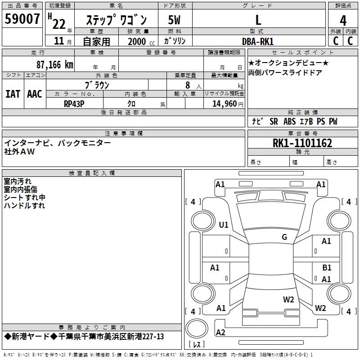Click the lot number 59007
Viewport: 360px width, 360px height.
click(x=22, y=19)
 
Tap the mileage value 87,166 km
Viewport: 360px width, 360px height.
click(x=55, y=65)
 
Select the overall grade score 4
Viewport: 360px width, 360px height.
click(x=343, y=21)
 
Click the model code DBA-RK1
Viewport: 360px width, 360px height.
click(x=258, y=41)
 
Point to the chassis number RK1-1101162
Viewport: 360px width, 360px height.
click(x=302, y=143)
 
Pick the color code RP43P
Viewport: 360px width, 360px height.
click(x=74, y=104)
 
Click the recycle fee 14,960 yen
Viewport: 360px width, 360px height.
click(x=228, y=104)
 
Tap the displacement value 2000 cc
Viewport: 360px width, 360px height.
click(x=141, y=41)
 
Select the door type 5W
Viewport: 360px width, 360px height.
click(x=174, y=20)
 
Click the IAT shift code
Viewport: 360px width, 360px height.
click(x=13, y=94)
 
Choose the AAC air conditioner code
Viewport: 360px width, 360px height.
click(x=35, y=94)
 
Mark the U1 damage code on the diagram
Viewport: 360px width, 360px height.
click(x=224, y=225)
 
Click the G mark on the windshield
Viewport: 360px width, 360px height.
click(x=284, y=237)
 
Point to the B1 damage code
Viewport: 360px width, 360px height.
click(x=327, y=267)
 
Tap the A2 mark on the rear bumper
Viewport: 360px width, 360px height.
click(x=220, y=332)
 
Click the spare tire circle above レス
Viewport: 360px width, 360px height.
click(x=197, y=328)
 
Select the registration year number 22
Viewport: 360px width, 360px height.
click(x=59, y=24)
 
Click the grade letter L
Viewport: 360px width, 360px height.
click(x=258, y=20)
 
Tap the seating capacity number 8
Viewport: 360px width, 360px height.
click(x=188, y=85)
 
